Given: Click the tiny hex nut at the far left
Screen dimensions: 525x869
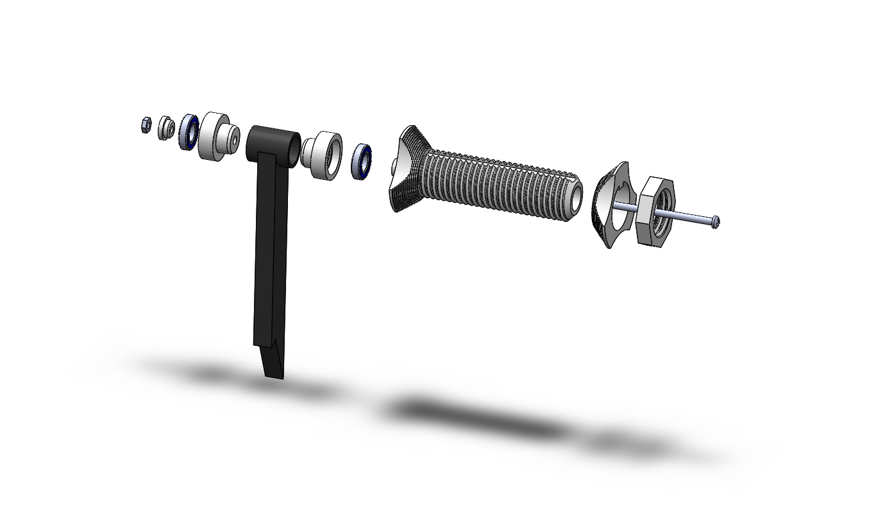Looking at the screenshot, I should tap(146, 125).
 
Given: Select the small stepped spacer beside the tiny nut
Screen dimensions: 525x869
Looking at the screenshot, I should tap(166, 128).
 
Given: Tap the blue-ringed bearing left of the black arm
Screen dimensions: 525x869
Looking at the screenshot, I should tap(189, 132).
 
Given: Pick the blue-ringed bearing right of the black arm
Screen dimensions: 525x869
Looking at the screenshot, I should tap(362, 161).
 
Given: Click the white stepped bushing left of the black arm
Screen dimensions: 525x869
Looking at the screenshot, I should tap(214, 136).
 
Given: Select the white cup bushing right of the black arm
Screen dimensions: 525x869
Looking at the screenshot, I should tap(325, 155).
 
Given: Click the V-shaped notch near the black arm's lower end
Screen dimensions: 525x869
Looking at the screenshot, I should tap(274, 347).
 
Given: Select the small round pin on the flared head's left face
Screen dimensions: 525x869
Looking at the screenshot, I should tap(392, 168).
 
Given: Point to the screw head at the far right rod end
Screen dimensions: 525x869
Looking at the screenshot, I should tap(716, 221).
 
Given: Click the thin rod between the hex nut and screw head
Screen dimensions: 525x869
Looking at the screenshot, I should tap(693, 218).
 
